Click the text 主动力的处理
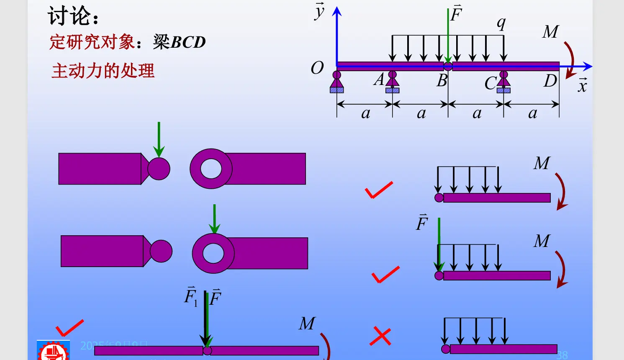coord(103,71)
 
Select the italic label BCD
coord(188,42)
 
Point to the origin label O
coord(317,68)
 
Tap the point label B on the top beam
coord(442,81)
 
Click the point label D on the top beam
coord(550,81)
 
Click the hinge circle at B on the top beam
coord(448,66)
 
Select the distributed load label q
coord(501,23)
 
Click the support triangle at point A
coord(392,80)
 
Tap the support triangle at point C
coord(503,80)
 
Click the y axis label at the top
coord(320,11)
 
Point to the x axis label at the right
coord(582,85)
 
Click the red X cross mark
coord(380,337)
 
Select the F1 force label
coord(191,297)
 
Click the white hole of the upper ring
coord(211,169)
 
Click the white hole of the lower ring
coord(213,253)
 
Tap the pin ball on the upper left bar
coord(159,169)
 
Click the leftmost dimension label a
coord(366,113)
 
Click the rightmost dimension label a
coord(532,113)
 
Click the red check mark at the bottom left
coord(69,328)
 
